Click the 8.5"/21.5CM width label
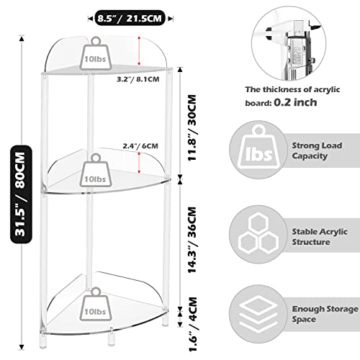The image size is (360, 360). tap(130, 18)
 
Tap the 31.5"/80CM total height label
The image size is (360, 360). tap(21, 194)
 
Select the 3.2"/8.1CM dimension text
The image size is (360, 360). tap(138, 79)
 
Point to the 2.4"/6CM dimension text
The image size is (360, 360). tap(140, 146)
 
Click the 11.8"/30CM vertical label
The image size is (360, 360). tap(192, 127)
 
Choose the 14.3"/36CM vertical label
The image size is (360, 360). tap(192, 240)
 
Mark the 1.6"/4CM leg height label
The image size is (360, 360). tap(193, 324)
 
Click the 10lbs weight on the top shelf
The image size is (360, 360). tap(96, 53)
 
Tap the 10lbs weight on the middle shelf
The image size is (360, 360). tap(96, 171)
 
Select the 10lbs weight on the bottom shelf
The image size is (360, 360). tap(96, 304)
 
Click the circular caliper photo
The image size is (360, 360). tap(289, 43)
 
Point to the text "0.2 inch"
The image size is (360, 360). tap(295, 102)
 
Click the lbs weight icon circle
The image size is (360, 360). tap(258, 150)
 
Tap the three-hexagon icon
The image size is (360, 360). tap(258, 234)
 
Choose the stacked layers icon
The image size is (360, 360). tap(258, 315)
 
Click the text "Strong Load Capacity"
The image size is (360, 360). tap(317, 150)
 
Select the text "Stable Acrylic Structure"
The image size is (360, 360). tap(320, 237)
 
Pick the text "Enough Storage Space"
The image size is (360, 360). tap(325, 314)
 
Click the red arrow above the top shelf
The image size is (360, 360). tap(139, 51)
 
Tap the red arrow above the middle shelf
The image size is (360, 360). tap(139, 163)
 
